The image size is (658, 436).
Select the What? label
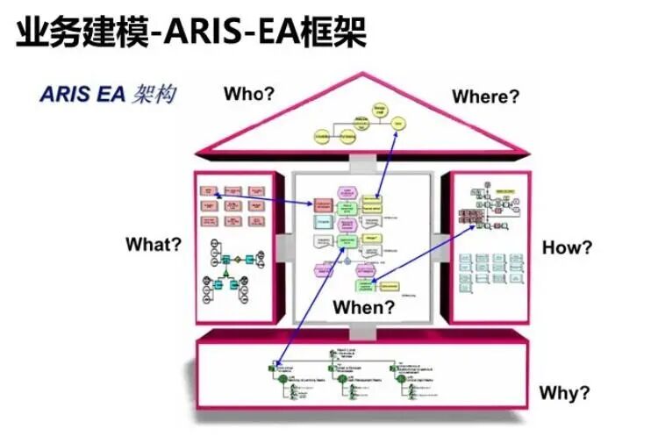(154, 244)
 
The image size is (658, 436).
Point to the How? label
(567, 247)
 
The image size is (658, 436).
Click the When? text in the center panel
(363, 307)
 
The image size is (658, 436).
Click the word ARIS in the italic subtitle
(66, 94)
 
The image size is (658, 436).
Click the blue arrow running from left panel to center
(263, 197)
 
